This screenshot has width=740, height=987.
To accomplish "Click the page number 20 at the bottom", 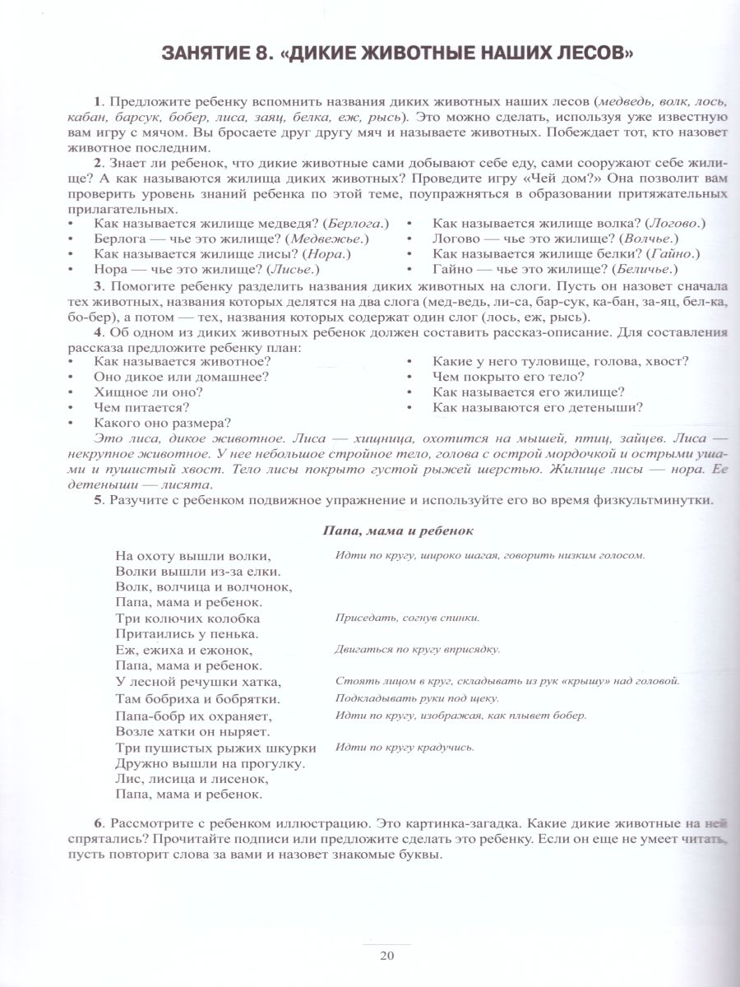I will point(387,955).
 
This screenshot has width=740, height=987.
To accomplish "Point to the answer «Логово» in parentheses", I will point(676,223).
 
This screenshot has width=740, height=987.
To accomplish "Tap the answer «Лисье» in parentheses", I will point(293,269).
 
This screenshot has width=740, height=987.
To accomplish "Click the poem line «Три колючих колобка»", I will point(188,618).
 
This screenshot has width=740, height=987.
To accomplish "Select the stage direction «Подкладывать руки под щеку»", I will point(417,698).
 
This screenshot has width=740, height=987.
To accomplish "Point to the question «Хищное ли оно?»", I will point(148,392).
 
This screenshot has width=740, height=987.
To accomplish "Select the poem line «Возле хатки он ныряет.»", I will point(193,730).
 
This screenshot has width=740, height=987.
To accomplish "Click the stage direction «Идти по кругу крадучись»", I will point(405,747).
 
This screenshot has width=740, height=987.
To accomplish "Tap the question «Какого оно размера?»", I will point(162,423).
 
